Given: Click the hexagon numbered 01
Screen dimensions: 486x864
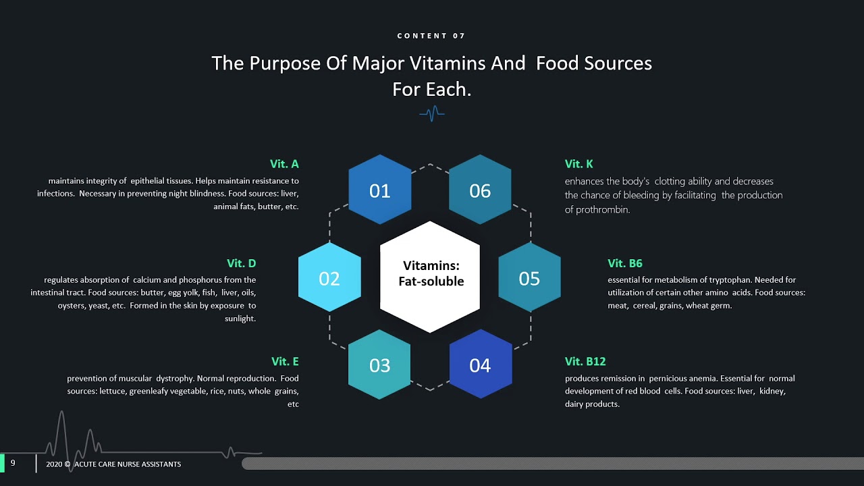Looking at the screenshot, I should [x=379, y=190].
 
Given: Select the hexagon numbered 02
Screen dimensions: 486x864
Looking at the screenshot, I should [x=329, y=278].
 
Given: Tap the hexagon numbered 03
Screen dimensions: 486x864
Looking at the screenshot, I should [x=379, y=365].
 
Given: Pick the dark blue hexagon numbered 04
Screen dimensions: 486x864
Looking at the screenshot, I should [x=480, y=365].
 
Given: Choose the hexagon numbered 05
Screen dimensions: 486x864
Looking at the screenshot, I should [x=529, y=278].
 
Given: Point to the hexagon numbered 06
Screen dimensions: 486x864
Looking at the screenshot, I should [x=480, y=190].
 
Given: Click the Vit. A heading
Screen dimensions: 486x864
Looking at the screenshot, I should [x=284, y=164].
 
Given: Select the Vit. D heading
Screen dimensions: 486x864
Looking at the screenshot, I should [x=241, y=263].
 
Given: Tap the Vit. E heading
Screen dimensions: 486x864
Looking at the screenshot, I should [x=285, y=362].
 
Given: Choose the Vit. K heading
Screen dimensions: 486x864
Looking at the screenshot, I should [x=578, y=164].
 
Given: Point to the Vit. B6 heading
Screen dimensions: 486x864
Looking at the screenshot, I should [x=624, y=263].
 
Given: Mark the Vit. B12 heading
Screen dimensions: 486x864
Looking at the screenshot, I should [x=585, y=362].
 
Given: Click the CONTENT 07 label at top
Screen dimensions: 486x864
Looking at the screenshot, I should [x=431, y=36].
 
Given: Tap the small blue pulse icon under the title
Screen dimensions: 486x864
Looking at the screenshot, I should [x=431, y=113].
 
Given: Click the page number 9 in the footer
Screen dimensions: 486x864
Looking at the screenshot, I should [x=13, y=463].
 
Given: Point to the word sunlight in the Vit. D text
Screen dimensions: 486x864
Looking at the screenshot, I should [x=240, y=319].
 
